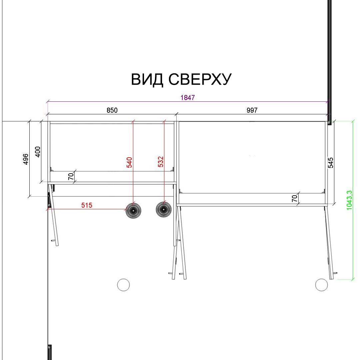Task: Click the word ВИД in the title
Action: click(x=147, y=80)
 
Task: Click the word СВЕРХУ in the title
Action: click(x=200, y=79)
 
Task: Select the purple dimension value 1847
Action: click(x=188, y=98)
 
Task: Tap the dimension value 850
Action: click(x=112, y=110)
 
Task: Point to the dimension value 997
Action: click(x=252, y=110)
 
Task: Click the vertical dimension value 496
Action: click(x=26, y=159)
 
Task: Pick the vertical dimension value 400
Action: click(x=38, y=152)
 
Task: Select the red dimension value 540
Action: click(x=129, y=162)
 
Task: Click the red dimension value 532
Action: click(x=160, y=162)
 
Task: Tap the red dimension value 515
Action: click(x=87, y=205)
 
